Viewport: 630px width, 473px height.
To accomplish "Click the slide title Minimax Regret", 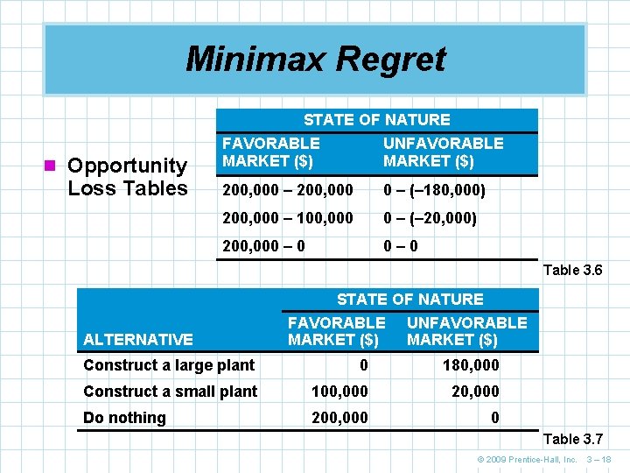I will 315,60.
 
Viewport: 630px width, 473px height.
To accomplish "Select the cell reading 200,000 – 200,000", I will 288,190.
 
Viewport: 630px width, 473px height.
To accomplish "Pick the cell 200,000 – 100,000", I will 288,218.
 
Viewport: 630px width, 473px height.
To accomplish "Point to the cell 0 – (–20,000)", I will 430,218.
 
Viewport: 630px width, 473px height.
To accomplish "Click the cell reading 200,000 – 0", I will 264,246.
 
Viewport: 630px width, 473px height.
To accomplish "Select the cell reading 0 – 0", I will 401,246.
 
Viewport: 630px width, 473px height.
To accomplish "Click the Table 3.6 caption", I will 572,271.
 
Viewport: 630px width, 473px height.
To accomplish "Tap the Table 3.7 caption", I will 572,439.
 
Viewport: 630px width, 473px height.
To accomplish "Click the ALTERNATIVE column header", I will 137,340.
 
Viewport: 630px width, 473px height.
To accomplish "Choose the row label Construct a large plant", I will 169,365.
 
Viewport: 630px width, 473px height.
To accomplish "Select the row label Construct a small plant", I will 170,392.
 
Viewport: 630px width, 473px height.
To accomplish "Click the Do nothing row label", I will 124,418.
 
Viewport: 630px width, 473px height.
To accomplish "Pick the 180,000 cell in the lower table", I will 472,365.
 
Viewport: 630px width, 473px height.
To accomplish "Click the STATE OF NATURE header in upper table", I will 376,120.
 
